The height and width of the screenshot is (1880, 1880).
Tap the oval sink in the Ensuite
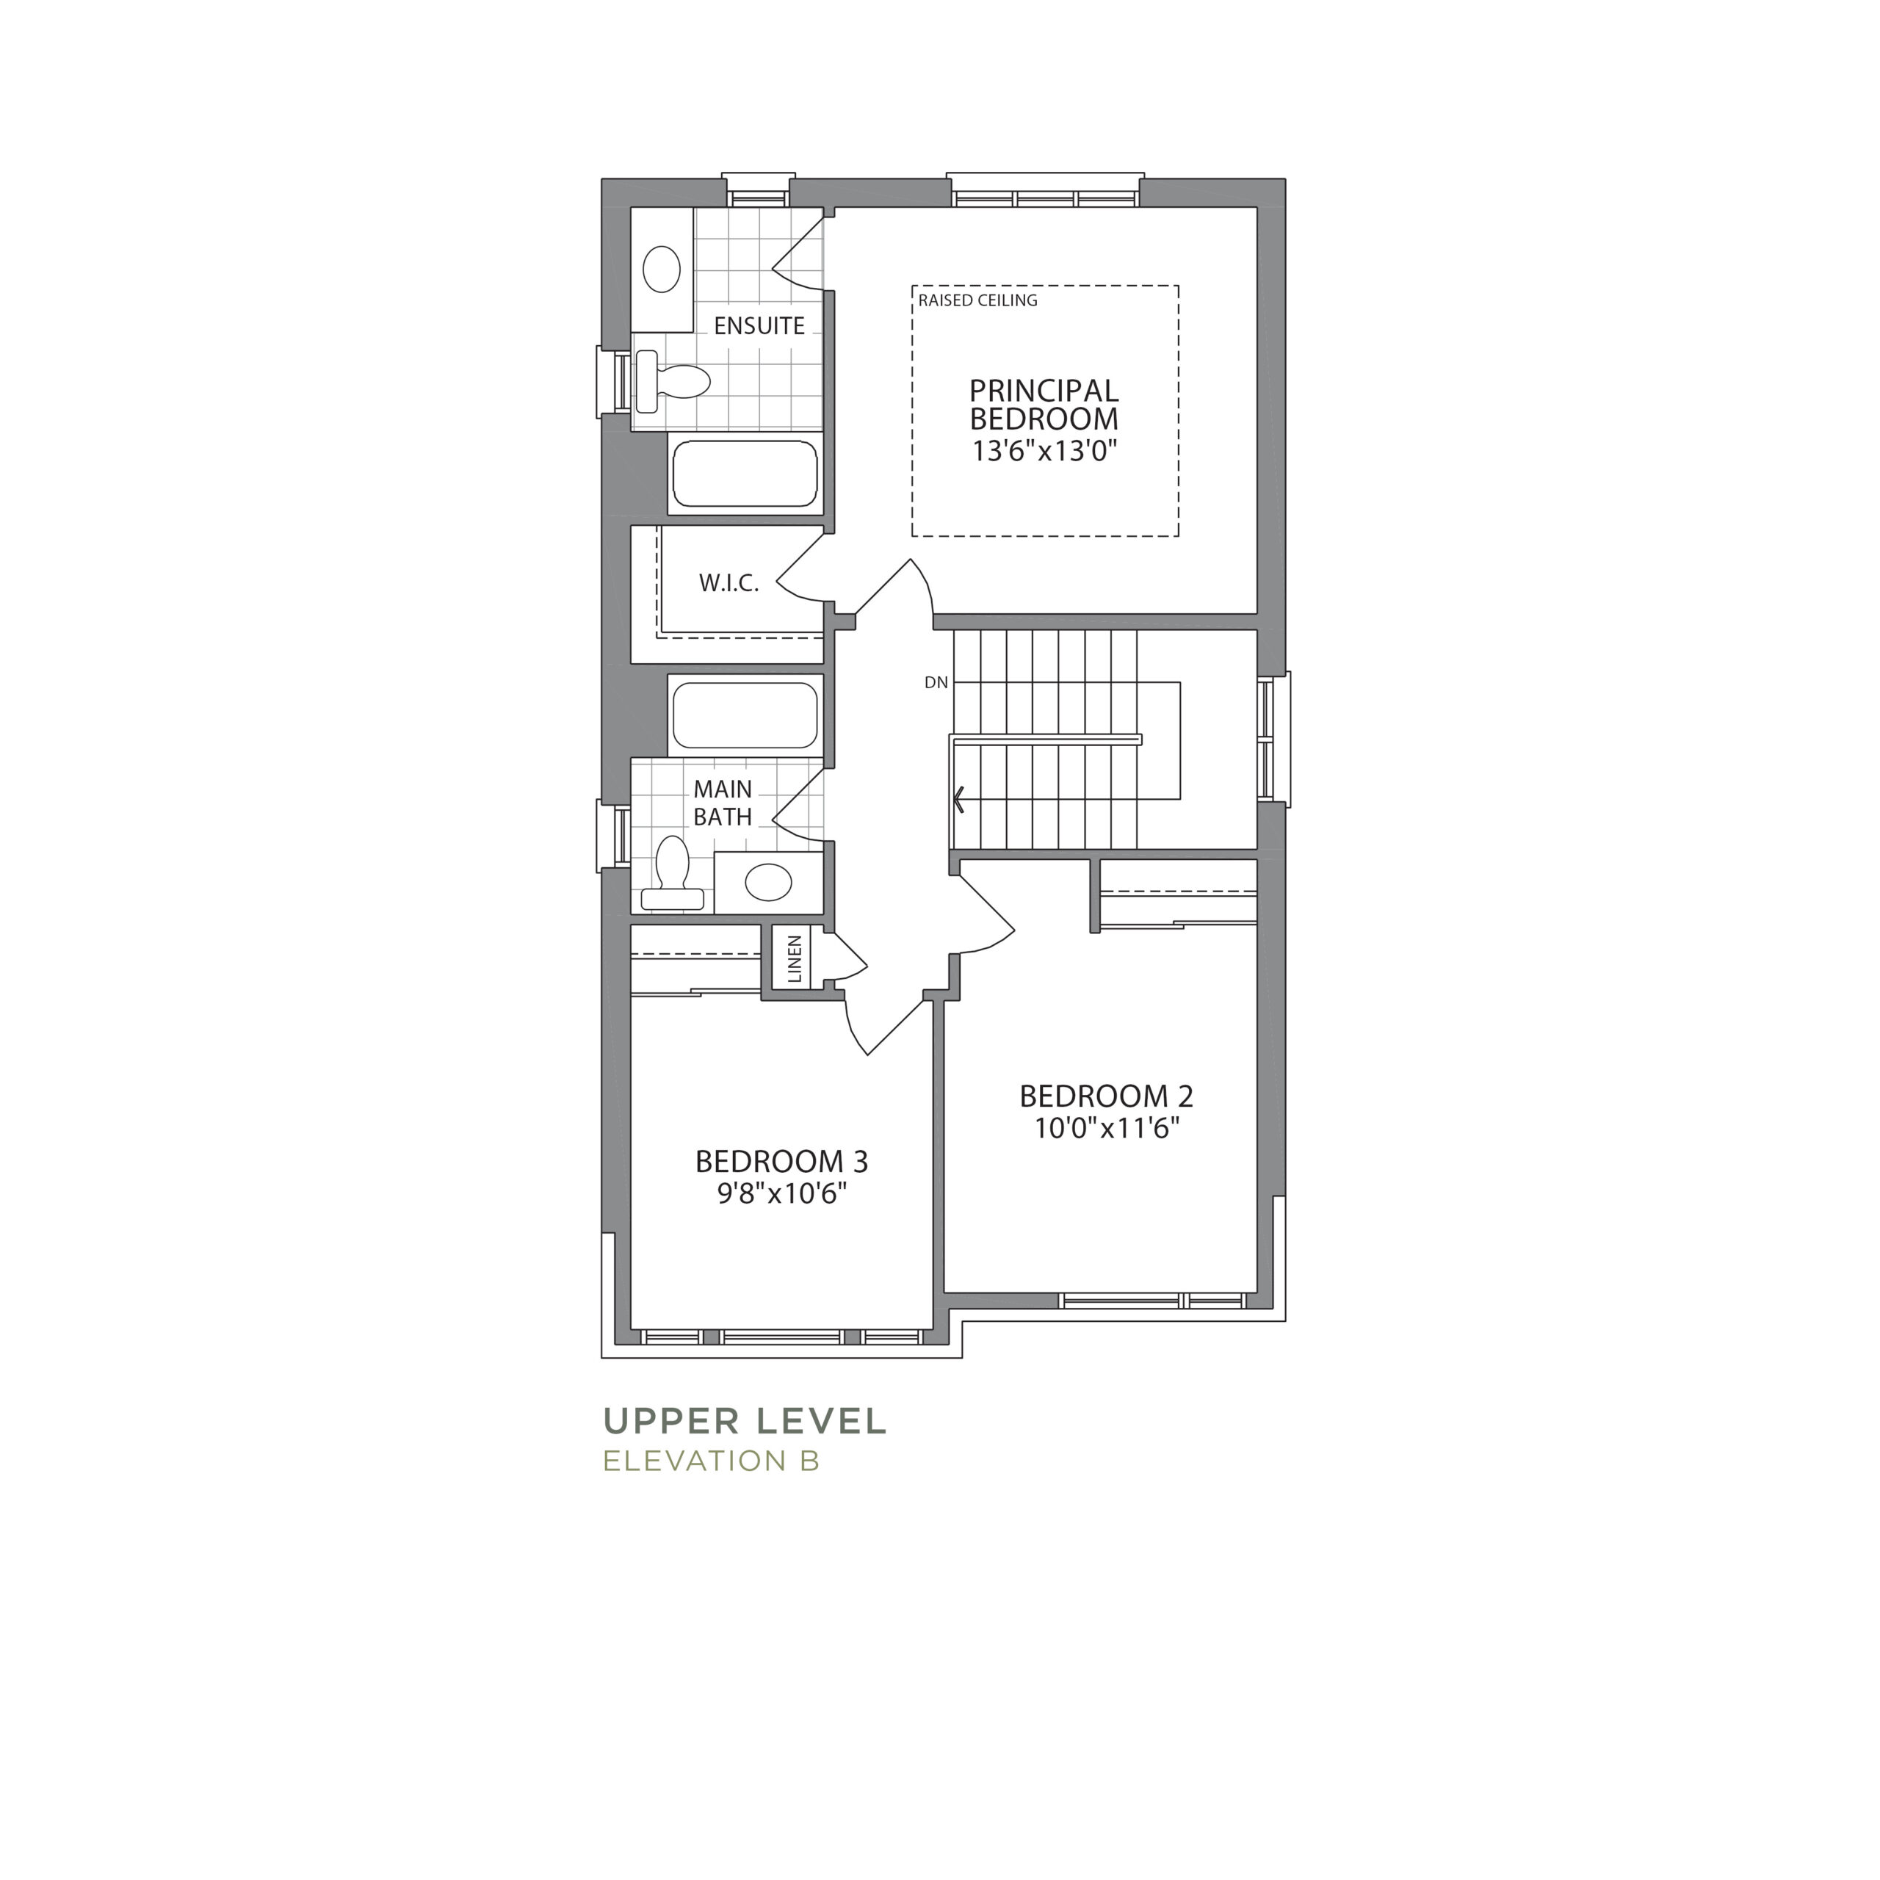[x=662, y=270]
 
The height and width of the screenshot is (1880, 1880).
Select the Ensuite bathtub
[x=745, y=474]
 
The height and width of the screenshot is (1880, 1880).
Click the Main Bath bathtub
[x=745, y=715]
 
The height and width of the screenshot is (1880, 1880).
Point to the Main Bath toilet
[x=673, y=873]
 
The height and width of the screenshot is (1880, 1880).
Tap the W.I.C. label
[x=728, y=584]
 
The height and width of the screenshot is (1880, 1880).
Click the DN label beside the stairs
[x=936, y=683]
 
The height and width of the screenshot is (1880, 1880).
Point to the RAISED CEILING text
[x=978, y=300]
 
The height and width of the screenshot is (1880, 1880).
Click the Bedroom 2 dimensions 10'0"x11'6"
[x=1107, y=1128]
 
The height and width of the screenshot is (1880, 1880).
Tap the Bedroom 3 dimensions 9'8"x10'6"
[x=781, y=1193]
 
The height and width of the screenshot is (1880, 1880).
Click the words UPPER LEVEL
[x=745, y=1421]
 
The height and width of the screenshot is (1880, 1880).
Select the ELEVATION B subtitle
[x=712, y=1461]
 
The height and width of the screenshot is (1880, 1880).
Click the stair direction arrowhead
[x=958, y=800]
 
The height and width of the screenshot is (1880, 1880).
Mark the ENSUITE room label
[x=759, y=326]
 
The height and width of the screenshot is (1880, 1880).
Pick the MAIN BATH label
[x=723, y=803]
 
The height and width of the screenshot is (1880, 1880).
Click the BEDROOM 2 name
[x=1107, y=1096]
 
